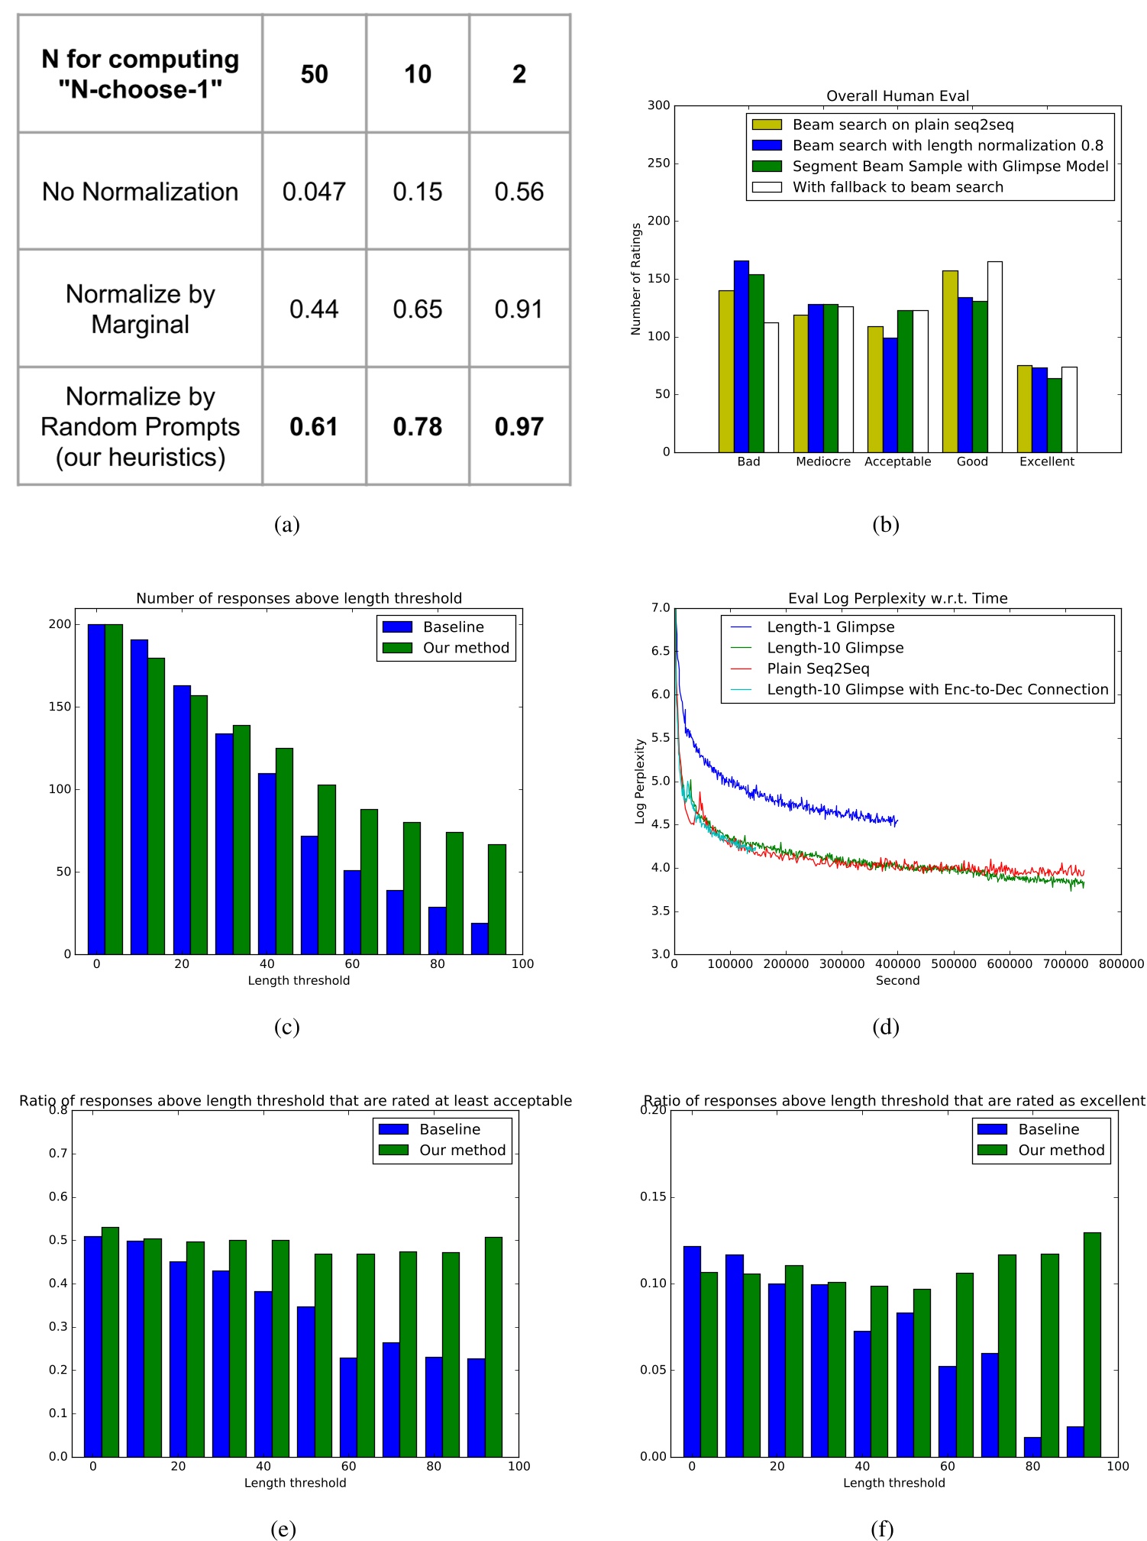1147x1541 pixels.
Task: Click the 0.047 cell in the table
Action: pyautogui.click(x=314, y=192)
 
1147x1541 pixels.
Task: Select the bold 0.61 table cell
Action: pyautogui.click(x=314, y=426)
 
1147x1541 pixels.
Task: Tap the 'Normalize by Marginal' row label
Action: pyautogui.click(x=141, y=309)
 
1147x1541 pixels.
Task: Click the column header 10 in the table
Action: pyautogui.click(x=418, y=74)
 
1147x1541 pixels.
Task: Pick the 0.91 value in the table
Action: pyautogui.click(x=519, y=309)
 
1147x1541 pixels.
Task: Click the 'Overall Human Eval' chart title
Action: pyautogui.click(x=897, y=96)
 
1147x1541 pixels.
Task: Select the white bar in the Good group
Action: pyautogui.click(x=994, y=357)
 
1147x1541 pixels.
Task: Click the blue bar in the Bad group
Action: pyautogui.click(x=741, y=357)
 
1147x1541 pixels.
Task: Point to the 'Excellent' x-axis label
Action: pyautogui.click(x=1046, y=461)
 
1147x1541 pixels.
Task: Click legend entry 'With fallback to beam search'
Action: pyautogui.click(x=897, y=187)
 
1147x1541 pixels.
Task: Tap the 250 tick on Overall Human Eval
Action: pyautogui.click(x=658, y=163)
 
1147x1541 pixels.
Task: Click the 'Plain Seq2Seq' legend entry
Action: pyautogui.click(x=818, y=669)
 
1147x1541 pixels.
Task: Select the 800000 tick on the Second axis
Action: pyautogui.click(x=1120, y=964)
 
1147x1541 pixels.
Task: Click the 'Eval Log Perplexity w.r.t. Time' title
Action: pyautogui.click(x=897, y=598)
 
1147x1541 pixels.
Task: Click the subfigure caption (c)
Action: pyautogui.click(x=286, y=1026)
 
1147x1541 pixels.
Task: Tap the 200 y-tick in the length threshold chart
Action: pyautogui.click(x=60, y=624)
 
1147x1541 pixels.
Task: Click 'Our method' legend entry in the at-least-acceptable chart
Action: pyautogui.click(x=462, y=1150)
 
